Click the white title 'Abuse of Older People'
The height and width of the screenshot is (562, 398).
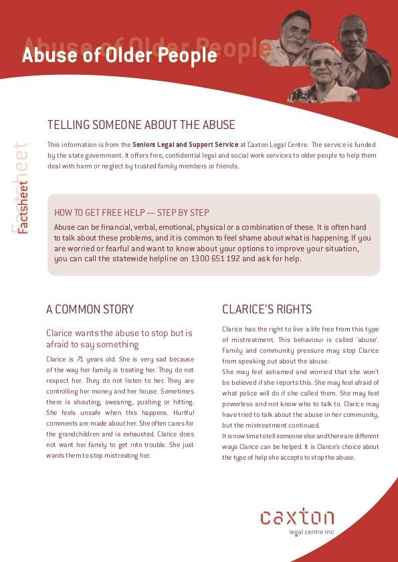point(119,56)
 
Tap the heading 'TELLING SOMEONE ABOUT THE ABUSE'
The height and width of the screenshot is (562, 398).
point(141,125)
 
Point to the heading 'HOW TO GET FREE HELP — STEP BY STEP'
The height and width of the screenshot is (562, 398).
point(132,213)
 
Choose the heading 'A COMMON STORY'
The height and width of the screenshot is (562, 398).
point(90,309)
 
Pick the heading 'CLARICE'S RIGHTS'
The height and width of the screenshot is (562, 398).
point(267,309)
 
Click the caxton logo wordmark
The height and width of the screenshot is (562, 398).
point(297,517)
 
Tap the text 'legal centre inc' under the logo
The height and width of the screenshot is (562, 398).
point(311,533)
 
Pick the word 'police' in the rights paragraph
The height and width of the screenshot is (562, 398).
point(250,393)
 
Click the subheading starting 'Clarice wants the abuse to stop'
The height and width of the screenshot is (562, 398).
point(119,338)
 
